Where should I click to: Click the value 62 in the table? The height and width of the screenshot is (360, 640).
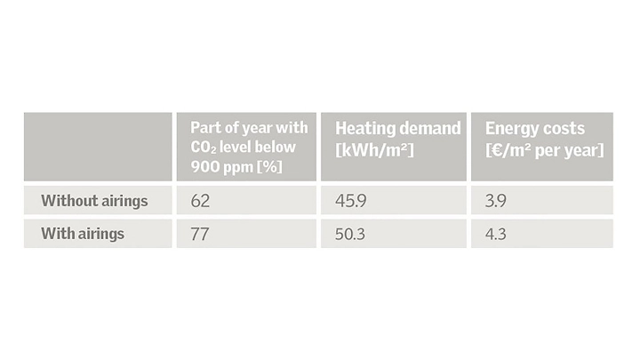[199, 201]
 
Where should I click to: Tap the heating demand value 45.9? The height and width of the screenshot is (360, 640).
[350, 201]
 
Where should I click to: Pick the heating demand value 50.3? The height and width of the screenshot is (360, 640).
[351, 235]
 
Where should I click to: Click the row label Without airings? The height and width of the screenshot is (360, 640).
[94, 201]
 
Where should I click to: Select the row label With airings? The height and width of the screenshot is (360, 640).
[83, 235]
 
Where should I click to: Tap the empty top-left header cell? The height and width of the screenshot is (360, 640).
[98, 147]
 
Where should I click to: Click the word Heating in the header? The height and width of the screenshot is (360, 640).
[364, 129]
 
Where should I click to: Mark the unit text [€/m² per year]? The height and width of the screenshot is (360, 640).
[543, 150]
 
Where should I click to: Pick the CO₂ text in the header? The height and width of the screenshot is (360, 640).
[202, 147]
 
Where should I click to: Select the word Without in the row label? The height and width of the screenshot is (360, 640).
[69, 201]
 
